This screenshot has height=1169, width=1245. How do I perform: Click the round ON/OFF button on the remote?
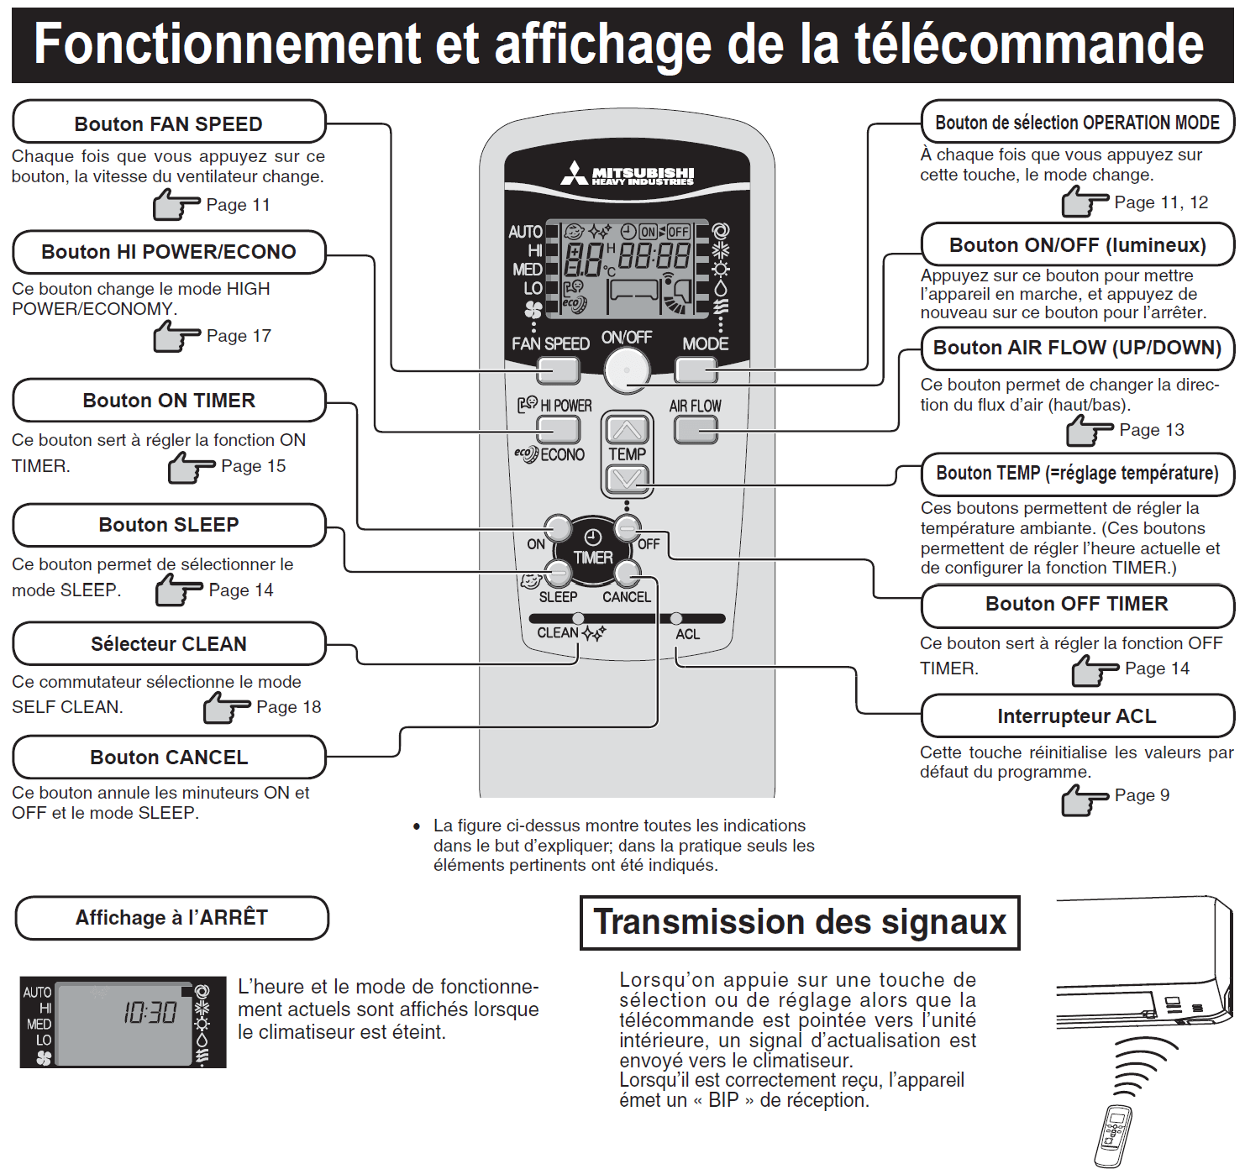tap(627, 369)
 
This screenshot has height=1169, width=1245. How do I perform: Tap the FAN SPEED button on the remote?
tap(559, 370)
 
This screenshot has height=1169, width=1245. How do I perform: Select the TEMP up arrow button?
tap(628, 430)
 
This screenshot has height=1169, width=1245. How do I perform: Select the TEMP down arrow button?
tap(628, 479)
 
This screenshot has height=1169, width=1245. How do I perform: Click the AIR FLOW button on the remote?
tap(696, 430)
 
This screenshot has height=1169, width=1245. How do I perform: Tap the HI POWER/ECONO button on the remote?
tap(559, 429)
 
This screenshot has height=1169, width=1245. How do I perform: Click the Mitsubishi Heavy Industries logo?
tap(628, 175)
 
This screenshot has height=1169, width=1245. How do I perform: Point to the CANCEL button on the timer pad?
tap(627, 574)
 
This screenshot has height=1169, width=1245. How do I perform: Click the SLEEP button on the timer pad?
tap(558, 574)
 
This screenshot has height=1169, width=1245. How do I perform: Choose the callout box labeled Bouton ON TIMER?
tap(169, 401)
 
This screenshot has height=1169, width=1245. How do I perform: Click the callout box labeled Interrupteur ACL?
tap(1077, 716)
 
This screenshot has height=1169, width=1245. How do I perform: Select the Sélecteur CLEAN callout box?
tap(169, 644)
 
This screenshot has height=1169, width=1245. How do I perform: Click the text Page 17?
tap(239, 336)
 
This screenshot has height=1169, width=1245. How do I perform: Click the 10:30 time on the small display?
tap(150, 1013)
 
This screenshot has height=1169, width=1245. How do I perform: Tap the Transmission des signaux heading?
tap(800, 922)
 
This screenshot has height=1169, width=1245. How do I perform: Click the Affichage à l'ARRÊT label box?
tap(171, 918)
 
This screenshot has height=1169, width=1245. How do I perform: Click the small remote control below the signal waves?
tap(1114, 1136)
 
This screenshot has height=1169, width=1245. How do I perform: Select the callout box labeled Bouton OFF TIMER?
tap(1077, 605)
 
